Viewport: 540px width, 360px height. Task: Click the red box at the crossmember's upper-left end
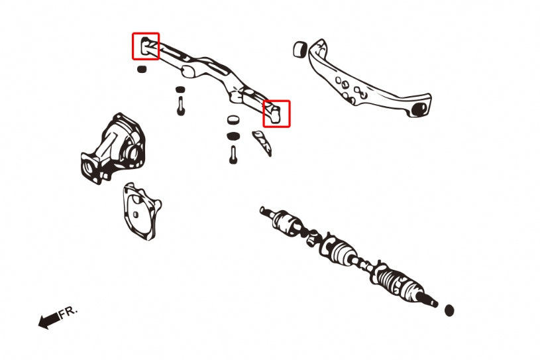point(146,46)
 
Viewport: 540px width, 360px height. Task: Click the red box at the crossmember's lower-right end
point(276,113)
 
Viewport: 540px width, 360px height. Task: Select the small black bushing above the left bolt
point(180,90)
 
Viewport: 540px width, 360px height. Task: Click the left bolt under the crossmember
point(180,105)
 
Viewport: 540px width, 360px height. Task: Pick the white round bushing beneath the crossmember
point(233,121)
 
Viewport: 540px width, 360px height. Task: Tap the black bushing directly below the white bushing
point(233,136)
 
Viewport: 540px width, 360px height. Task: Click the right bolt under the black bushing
point(233,154)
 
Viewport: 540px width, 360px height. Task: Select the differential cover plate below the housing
point(140,211)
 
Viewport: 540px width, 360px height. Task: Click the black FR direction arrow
point(48,321)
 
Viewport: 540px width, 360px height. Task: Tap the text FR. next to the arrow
point(68,312)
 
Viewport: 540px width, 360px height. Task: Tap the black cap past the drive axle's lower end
point(449,310)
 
